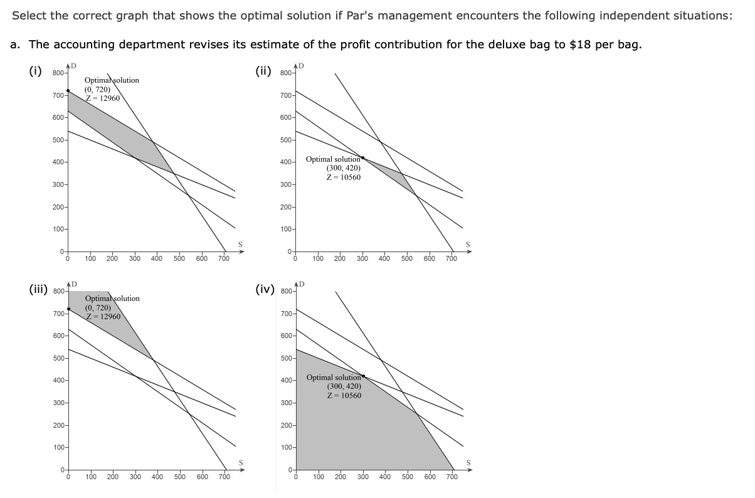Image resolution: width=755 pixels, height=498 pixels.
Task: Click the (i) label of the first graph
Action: [36, 70]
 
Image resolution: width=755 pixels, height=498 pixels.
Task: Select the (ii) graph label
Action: [264, 70]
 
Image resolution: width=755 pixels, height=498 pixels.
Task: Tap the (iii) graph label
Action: [38, 289]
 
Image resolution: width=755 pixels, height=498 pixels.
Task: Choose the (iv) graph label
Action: [265, 289]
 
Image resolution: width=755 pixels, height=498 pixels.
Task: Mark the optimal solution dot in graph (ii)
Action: [363, 157]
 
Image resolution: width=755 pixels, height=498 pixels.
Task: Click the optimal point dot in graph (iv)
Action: [363, 376]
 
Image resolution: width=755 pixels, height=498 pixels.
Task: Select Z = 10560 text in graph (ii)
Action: [344, 177]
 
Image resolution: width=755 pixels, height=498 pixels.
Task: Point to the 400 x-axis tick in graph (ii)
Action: [384, 258]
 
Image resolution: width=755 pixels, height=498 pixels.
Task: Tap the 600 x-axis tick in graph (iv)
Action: [430, 477]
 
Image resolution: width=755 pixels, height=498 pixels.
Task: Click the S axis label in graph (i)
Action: [240, 244]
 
